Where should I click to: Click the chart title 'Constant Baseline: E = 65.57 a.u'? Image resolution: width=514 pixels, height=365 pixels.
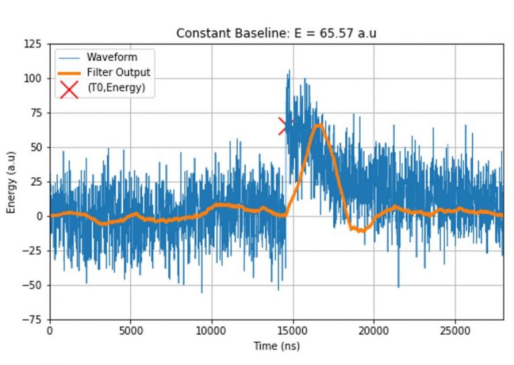(x=276, y=33)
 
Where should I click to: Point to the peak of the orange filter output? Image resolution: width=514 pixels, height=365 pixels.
(x=320, y=125)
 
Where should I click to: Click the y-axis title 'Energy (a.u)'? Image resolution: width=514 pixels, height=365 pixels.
(x=11, y=181)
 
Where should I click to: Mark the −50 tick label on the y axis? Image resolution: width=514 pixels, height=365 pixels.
(x=32, y=285)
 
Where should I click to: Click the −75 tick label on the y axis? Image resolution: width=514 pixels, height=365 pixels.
(x=32, y=320)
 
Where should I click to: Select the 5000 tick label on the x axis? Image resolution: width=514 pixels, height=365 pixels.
(x=131, y=331)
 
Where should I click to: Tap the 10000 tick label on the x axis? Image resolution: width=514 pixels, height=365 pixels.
(x=211, y=331)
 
